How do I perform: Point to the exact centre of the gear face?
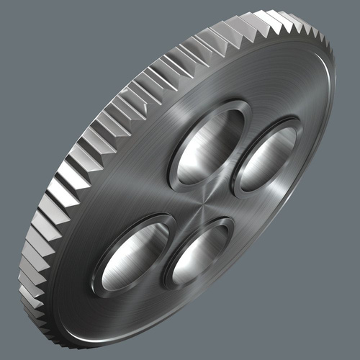pos(204,204)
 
